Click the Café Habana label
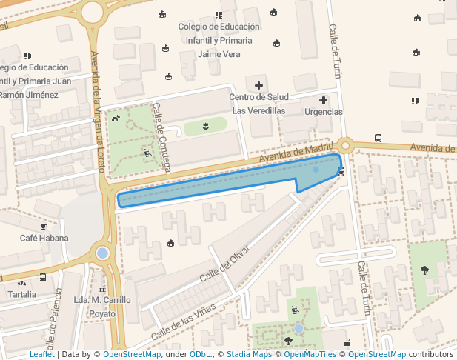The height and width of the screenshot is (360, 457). pos(44,238)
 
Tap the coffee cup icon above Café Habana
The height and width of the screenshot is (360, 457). pos(44,225)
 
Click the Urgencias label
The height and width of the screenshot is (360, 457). pos(324,111)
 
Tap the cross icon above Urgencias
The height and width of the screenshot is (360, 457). pos(324,100)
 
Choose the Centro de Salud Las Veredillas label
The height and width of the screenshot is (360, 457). pos(258,104)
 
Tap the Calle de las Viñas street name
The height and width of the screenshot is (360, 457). pos(183,321)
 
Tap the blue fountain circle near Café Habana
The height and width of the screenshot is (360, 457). pos(102,253)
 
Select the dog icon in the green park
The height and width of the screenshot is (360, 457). pos(115,118)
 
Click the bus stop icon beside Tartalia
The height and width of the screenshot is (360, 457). pos(43,278)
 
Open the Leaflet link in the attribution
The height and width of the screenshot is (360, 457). pos(41,354)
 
